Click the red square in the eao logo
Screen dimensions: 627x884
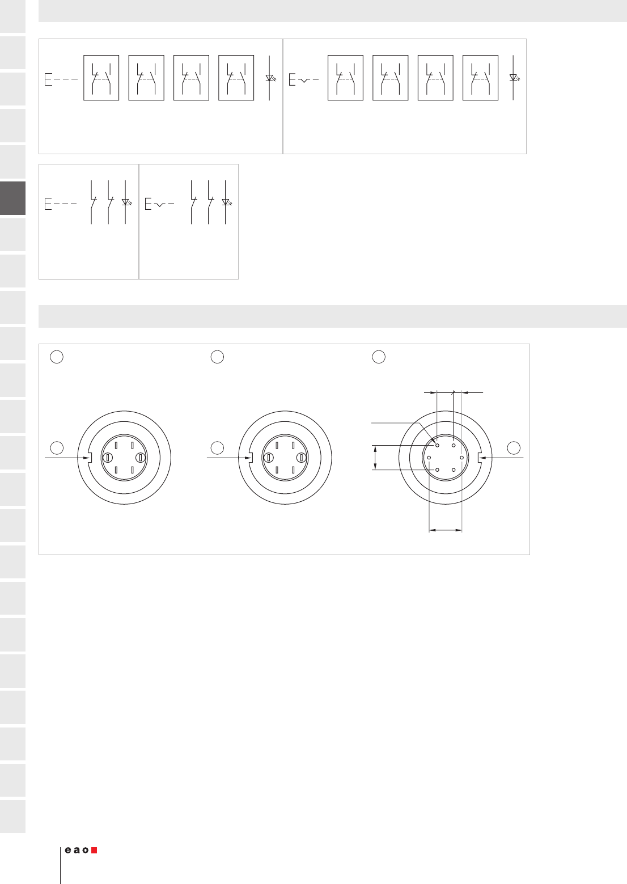click(94, 850)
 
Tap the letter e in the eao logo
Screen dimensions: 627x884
click(68, 850)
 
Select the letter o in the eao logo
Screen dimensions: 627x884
click(85, 850)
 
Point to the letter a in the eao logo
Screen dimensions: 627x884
click(77, 850)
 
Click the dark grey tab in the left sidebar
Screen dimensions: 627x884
click(12, 198)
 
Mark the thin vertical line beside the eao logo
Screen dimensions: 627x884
click(60, 865)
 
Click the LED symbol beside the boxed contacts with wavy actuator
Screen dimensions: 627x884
click(514, 78)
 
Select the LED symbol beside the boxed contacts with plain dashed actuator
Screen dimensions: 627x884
click(270, 78)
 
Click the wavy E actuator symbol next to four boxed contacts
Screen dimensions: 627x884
click(303, 80)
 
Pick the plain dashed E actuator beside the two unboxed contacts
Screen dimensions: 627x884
click(60, 204)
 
